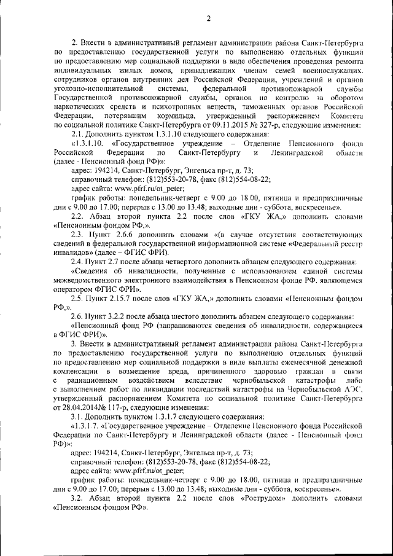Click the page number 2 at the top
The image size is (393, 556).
208,18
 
